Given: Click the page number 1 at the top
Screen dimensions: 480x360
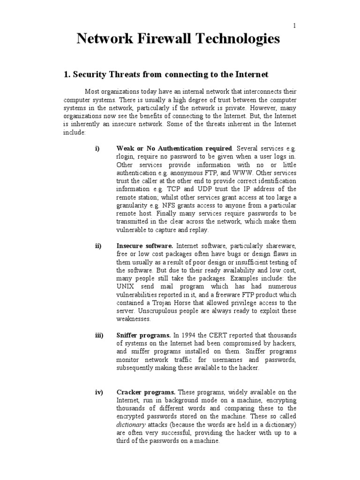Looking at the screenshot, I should click(294, 26).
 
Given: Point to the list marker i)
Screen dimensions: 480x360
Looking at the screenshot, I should click(97, 149).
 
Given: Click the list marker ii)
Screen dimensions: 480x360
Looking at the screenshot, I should click(98, 246).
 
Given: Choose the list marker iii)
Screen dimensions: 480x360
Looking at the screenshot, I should click(99, 336).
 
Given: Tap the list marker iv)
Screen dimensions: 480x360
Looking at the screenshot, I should click(98, 392).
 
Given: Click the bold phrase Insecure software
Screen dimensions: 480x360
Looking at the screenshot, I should click(145, 246).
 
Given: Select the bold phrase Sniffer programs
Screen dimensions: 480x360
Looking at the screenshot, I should click(144, 336).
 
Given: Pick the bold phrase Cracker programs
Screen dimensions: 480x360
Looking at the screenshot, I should click(146, 392).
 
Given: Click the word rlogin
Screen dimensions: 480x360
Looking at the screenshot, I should click(125, 157).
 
